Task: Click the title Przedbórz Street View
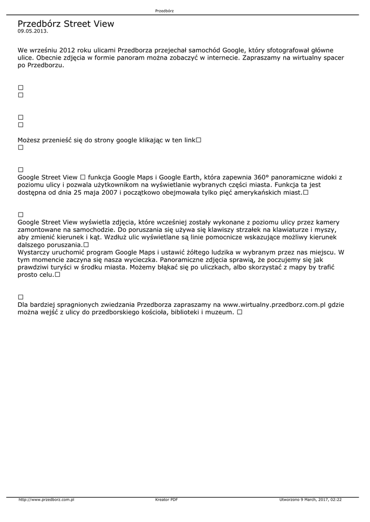[66, 24]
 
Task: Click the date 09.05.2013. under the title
[33, 31]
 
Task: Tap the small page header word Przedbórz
[164, 11]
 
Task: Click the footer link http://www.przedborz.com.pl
[46, 500]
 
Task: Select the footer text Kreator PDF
[166, 500]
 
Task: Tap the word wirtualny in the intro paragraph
[298, 58]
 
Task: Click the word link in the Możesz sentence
[188, 140]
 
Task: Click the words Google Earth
[176, 177]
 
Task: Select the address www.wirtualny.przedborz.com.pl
[275, 304]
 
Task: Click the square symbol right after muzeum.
[239, 312]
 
